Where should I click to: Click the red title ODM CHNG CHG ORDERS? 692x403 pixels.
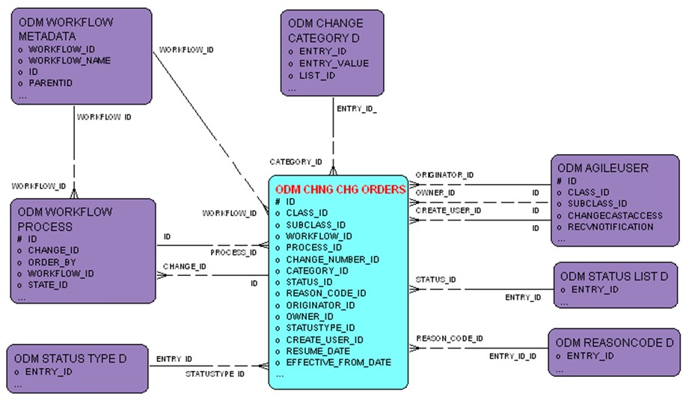(x=340, y=190)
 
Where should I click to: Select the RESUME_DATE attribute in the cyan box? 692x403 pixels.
(x=318, y=350)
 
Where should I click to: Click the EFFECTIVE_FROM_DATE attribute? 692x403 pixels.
(x=338, y=362)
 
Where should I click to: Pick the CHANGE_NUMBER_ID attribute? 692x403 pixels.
(x=332, y=259)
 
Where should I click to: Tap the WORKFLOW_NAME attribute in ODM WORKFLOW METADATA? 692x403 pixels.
(x=69, y=61)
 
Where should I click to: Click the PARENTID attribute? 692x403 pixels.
(x=50, y=83)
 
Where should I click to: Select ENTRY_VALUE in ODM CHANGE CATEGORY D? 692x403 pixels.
(x=333, y=64)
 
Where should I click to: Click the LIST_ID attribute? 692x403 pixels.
(x=317, y=76)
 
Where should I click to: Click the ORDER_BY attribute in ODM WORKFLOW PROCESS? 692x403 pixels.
(x=52, y=262)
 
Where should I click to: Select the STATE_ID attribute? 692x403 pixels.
(x=48, y=284)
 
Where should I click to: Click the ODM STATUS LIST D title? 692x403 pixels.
(x=613, y=277)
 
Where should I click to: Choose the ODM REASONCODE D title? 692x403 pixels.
(x=614, y=342)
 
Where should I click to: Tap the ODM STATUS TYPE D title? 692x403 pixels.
(x=70, y=359)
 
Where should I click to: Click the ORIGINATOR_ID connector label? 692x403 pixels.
(x=444, y=175)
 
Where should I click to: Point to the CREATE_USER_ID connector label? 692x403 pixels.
(x=448, y=210)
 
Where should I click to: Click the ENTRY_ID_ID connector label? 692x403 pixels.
(x=512, y=356)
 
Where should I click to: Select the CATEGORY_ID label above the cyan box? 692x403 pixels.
(x=296, y=161)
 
